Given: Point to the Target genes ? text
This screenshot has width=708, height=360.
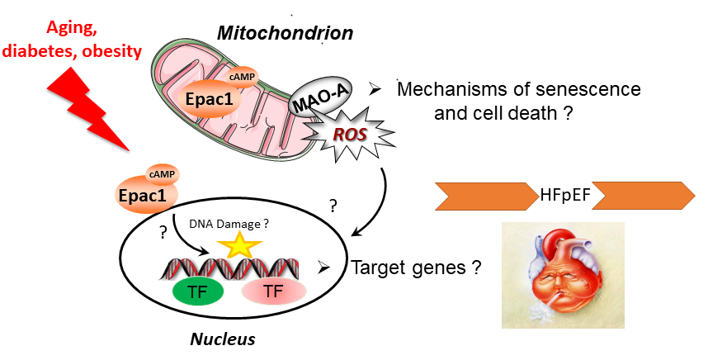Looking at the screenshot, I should click(417, 268).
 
